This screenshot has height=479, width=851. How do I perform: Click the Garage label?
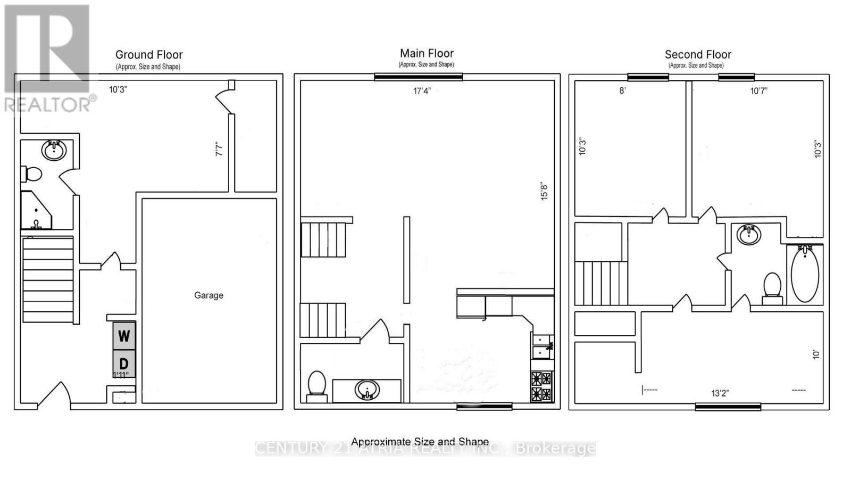pos(208,295)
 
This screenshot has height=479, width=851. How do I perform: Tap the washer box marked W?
pos(124,336)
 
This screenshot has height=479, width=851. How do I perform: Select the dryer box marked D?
pos(124,364)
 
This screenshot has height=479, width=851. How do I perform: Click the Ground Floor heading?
pos(149,55)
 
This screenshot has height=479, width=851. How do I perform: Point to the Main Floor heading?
pos(427,53)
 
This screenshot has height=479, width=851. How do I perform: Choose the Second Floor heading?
pos(698,54)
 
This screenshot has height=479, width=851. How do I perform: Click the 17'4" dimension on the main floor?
pos(421,91)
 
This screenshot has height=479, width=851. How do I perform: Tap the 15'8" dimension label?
pos(544,192)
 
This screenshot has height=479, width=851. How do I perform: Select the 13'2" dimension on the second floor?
pos(720,393)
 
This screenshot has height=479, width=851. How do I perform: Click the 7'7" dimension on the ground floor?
pos(219,148)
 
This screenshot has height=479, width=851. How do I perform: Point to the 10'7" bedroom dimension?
pos(758,91)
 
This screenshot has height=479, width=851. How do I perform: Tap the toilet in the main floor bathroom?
pos(317,385)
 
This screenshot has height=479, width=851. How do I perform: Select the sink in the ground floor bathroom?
pos(54,150)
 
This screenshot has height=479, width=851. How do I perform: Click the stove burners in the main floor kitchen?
pos(541,386)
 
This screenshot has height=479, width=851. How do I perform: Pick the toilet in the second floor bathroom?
pos(772,286)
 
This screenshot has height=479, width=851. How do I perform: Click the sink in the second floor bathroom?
pos(749,235)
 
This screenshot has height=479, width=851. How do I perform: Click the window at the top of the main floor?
pos(418,77)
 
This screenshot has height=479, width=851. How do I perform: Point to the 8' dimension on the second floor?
pos(622,91)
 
